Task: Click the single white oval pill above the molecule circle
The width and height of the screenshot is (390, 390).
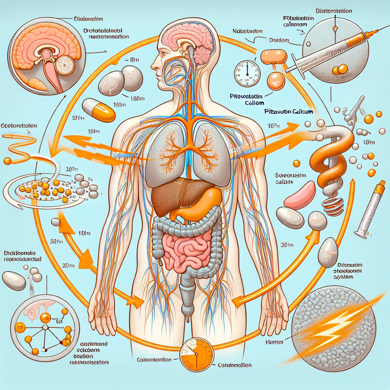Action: click(x=14, y=281)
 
